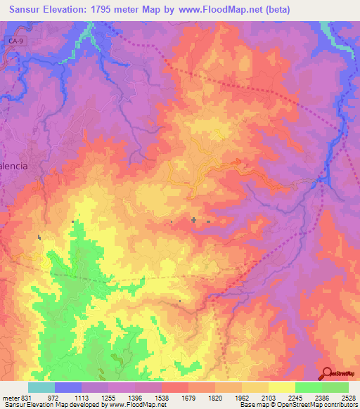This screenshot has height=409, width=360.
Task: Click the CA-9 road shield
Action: [16, 43]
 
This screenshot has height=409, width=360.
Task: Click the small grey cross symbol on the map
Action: [193, 220]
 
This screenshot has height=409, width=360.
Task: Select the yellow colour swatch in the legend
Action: [281, 387]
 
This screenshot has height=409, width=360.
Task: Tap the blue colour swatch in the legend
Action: [68, 387]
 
